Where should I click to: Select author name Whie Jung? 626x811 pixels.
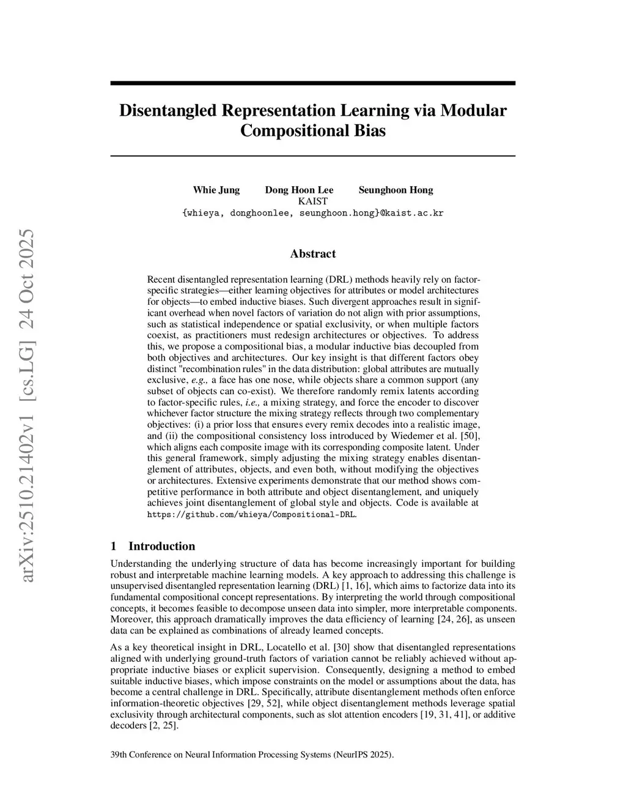pos(216,190)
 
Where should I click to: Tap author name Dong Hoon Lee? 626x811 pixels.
pos(299,190)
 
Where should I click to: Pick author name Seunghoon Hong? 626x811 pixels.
pos(396,190)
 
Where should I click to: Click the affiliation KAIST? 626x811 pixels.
pos(312,201)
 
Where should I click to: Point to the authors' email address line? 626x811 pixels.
pos(312,213)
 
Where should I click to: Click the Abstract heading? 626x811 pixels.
pos(312,253)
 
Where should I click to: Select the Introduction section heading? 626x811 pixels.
pos(161,546)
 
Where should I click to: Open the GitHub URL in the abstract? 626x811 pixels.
pos(251,514)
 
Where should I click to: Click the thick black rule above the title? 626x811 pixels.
pos(312,83)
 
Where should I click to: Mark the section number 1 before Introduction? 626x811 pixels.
pos(114,546)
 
